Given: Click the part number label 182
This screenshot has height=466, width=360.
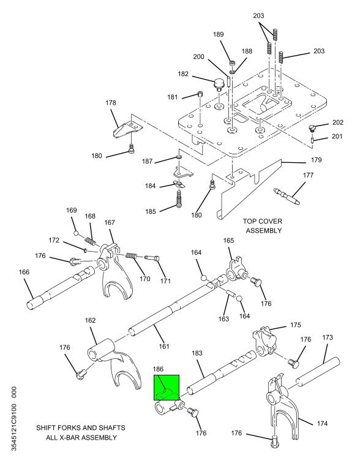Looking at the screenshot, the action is point(183,73).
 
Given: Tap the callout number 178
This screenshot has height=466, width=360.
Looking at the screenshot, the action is point(111,103).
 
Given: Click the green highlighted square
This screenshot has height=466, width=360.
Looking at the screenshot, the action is point(167,388).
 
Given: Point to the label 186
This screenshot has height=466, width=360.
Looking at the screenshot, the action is point(158,369).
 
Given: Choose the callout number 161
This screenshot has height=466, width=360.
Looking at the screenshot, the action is point(164,346).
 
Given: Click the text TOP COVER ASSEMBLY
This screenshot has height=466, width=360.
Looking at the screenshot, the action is point(263,226).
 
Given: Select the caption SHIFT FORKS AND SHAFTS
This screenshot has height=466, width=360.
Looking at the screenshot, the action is point(81,427).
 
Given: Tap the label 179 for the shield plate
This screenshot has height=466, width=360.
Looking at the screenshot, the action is point(317,160).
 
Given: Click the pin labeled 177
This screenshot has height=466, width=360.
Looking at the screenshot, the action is point(287,196).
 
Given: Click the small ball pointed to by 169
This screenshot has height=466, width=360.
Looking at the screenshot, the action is point(76,233).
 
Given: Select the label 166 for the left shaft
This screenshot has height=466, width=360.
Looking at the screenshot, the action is point(24,272).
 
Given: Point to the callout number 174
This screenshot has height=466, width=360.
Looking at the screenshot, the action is point(322,423).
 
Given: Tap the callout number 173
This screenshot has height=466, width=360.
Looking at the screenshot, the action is point(328,337).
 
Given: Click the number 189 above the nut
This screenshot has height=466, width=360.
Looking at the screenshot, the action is point(219,34).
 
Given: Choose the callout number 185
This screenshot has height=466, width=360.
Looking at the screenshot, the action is point(151,212).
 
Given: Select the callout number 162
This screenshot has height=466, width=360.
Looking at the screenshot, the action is point(90,320).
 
